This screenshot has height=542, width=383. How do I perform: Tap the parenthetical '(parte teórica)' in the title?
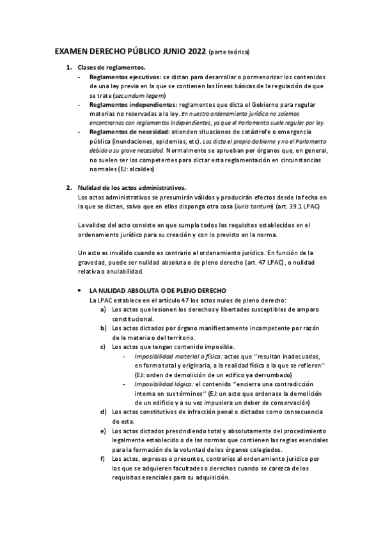tap(229, 52)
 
